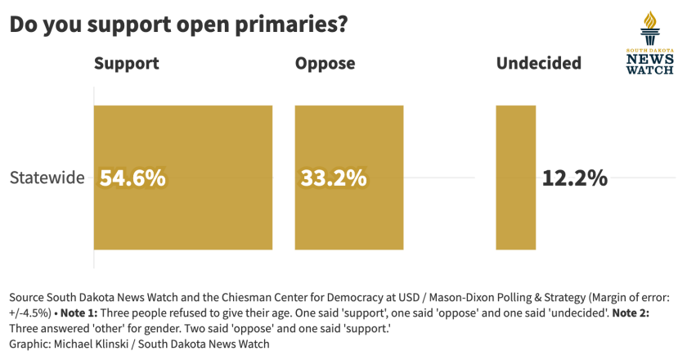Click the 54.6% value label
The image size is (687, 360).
(132, 178)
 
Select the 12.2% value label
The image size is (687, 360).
(575, 178)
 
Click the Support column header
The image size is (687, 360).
(126, 63)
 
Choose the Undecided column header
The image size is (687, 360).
(539, 63)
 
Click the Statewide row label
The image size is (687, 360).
(47, 178)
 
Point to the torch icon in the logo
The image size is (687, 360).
(649, 29)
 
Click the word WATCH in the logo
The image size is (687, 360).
(650, 70)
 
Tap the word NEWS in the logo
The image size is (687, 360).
(650, 59)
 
